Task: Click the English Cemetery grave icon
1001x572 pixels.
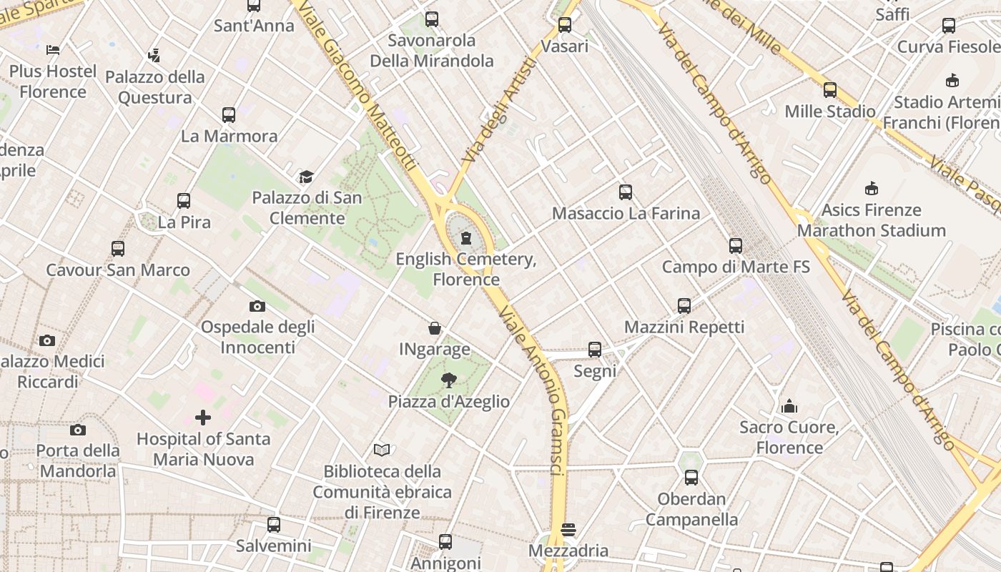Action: [x=466, y=237]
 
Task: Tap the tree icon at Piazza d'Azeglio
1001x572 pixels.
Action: [x=449, y=380]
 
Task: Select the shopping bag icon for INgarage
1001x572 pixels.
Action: [x=435, y=328]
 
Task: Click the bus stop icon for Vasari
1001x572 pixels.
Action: [x=565, y=25]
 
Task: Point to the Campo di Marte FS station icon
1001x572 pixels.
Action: [x=736, y=246]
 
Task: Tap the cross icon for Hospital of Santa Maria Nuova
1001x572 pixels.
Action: [x=203, y=417]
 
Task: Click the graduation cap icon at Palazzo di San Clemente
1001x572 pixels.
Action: [x=306, y=177]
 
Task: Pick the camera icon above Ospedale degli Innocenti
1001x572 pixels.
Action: [x=257, y=306]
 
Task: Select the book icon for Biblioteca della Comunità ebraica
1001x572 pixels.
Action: [x=383, y=450]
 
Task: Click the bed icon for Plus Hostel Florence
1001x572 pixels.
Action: [x=53, y=50]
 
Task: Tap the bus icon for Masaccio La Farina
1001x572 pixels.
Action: [x=626, y=192]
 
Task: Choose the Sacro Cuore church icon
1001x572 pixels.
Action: [x=789, y=406]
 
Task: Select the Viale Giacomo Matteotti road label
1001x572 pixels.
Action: [x=365, y=86]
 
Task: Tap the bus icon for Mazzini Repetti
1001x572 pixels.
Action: [x=684, y=306]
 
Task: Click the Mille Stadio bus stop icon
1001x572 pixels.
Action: [x=830, y=90]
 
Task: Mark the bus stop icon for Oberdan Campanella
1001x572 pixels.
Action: [x=691, y=477]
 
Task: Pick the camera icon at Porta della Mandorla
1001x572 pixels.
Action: [x=78, y=430]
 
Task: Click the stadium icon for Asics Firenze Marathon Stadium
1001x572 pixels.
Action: [x=871, y=189]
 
